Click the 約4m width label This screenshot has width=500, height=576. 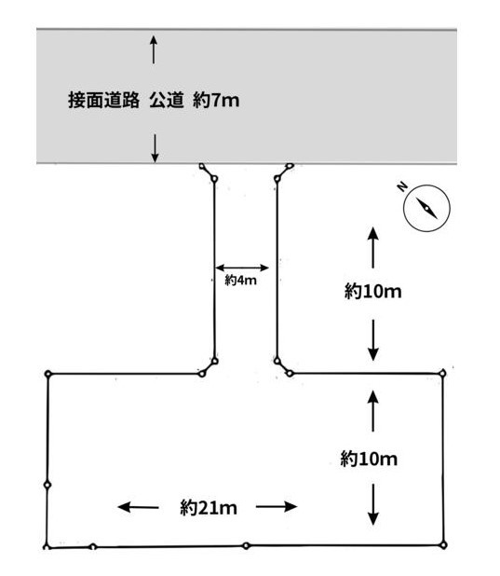click(x=240, y=281)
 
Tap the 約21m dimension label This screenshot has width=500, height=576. click(x=209, y=508)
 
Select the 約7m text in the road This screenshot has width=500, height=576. click(x=216, y=101)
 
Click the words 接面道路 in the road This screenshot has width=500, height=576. click(x=104, y=101)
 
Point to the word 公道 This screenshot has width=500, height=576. click(x=167, y=101)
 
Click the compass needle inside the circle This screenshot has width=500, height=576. click(x=426, y=208)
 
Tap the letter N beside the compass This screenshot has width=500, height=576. click(x=403, y=186)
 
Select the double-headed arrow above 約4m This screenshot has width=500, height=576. click(x=242, y=267)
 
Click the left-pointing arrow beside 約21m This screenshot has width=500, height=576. click(x=138, y=507)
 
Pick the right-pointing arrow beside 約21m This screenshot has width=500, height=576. click(x=277, y=507)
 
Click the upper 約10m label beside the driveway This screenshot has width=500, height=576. click(x=373, y=292)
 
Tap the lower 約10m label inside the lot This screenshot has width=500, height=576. click(x=369, y=459)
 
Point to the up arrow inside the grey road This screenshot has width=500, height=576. click(x=154, y=49)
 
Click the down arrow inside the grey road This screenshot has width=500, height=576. click(x=155, y=148)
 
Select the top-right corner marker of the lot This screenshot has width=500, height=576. click(x=442, y=373)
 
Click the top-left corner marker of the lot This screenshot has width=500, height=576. click(x=48, y=374)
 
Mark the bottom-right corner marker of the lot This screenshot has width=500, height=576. click(x=443, y=544)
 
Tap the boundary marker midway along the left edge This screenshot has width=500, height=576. click(x=47, y=485)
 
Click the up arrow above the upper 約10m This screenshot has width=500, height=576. click(x=373, y=248)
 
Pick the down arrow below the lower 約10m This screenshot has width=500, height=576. click(x=373, y=504)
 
